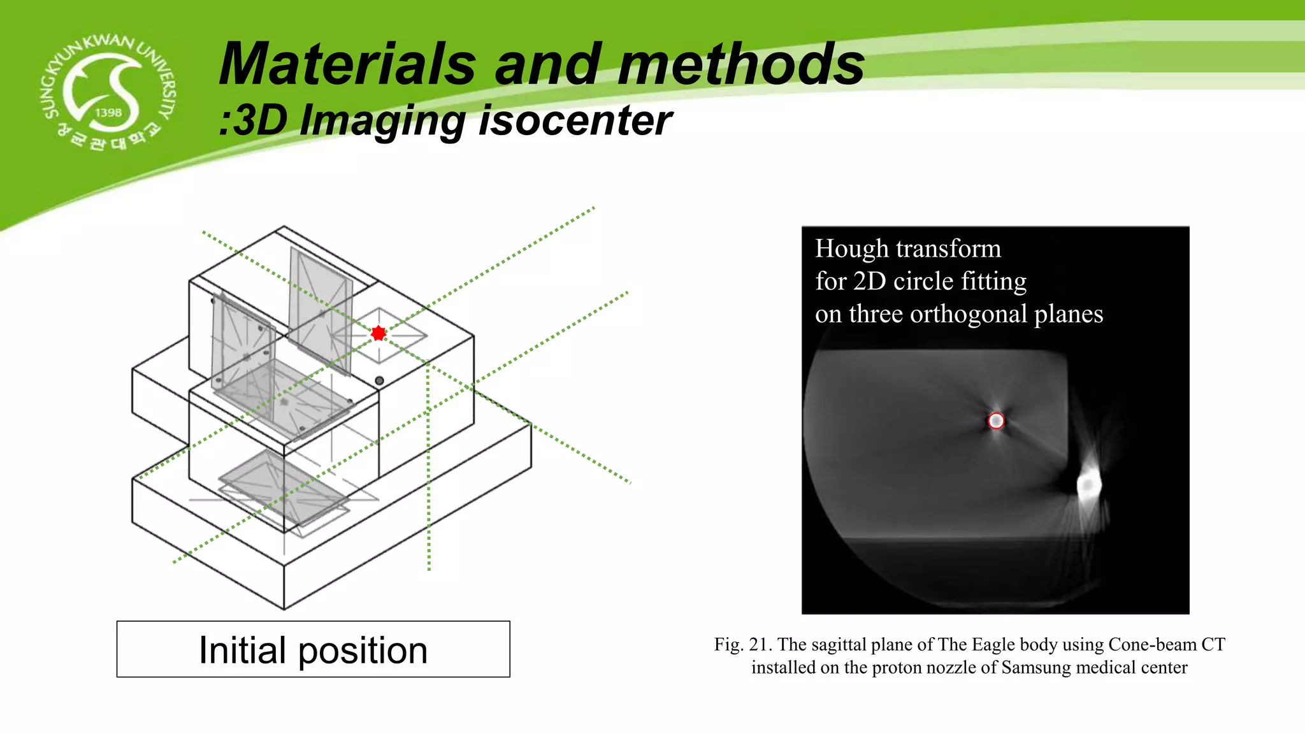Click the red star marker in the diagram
pos(379,333)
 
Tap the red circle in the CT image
pos(996,421)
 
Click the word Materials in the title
pos(348,64)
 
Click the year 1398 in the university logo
pos(108,113)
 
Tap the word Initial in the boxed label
pos(242,651)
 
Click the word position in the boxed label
pos(363,651)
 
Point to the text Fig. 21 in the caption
pos(742,645)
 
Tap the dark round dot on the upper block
pos(379,381)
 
